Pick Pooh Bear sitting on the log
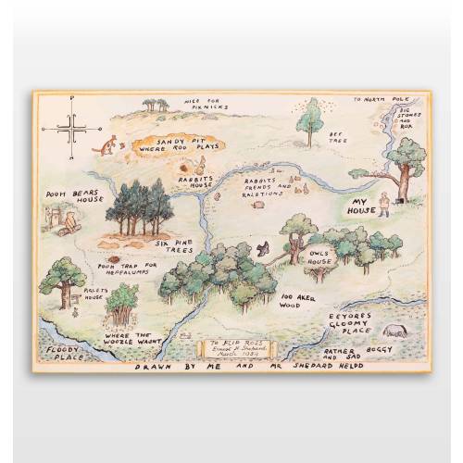coord(68,221)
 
